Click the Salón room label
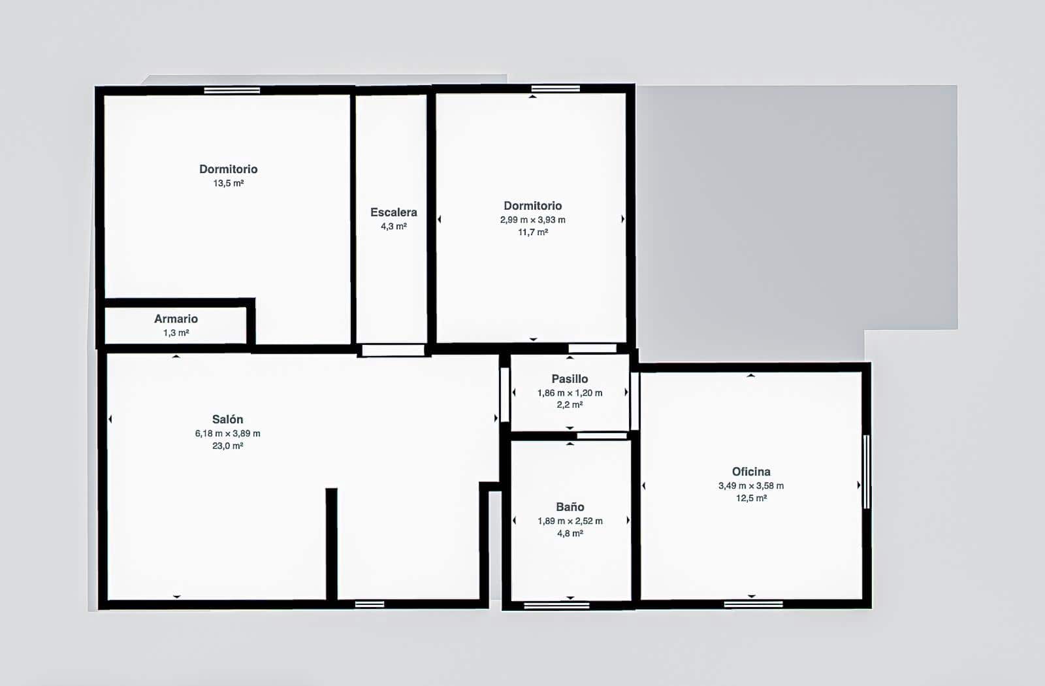click(228, 419)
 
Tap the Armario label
click(176, 319)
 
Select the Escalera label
click(394, 212)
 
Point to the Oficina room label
click(751, 471)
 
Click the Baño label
click(570, 506)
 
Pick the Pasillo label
click(570, 379)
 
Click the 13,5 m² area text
click(229, 184)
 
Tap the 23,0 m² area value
click(228, 446)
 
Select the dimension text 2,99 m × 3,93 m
click(533, 220)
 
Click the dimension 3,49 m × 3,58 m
click(751, 486)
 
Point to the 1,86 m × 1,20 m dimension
click(570, 393)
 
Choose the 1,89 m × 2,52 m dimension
click(570, 521)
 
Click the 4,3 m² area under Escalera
click(394, 226)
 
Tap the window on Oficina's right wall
click(866, 471)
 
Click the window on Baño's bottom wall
click(556, 605)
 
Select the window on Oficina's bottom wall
click(754, 604)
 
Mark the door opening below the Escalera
click(393, 350)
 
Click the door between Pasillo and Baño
click(602, 436)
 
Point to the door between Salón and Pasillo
click(505, 395)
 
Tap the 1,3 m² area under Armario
click(176, 333)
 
